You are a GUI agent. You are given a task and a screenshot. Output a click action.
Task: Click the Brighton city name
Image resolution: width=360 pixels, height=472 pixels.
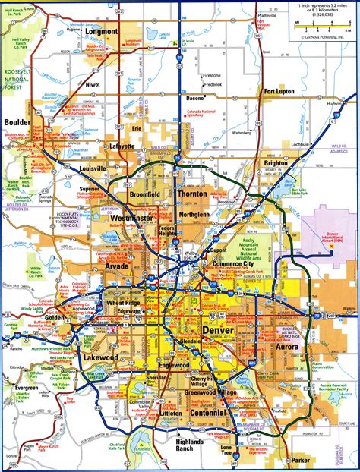pos(276,162)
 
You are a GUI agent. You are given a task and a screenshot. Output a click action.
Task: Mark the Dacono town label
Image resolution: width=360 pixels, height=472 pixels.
pos(195,97)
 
